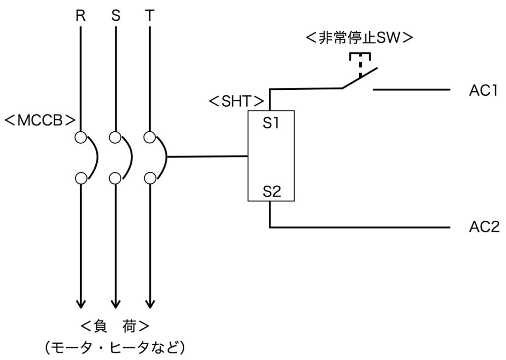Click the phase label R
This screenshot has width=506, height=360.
[x=81, y=15]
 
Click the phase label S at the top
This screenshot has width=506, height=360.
[x=116, y=15]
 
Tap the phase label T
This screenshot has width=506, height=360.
[x=150, y=15]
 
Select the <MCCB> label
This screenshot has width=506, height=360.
[x=40, y=120]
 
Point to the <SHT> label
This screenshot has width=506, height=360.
[x=237, y=101]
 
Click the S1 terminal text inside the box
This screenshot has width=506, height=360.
[x=271, y=123]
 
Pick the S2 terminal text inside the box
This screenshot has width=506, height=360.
[x=272, y=192]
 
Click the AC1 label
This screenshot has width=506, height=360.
[x=483, y=91]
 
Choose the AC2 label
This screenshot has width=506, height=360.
[x=484, y=227]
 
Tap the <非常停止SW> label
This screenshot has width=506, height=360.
[x=359, y=38]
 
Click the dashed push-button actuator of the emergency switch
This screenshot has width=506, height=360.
[x=360, y=65]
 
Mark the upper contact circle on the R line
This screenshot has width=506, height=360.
[x=81, y=137]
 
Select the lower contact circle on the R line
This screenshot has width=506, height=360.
[x=81, y=178]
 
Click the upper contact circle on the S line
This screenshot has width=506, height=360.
[x=115, y=137]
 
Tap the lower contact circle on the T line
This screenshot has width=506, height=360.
[x=150, y=178]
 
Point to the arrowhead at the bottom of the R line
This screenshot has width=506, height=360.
[x=81, y=304]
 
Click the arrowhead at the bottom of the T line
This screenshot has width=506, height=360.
[x=150, y=304]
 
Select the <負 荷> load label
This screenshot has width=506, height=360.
[x=115, y=326]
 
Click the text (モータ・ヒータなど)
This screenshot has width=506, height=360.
[x=115, y=348]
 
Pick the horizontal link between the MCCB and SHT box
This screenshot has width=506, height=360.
[x=208, y=157]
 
